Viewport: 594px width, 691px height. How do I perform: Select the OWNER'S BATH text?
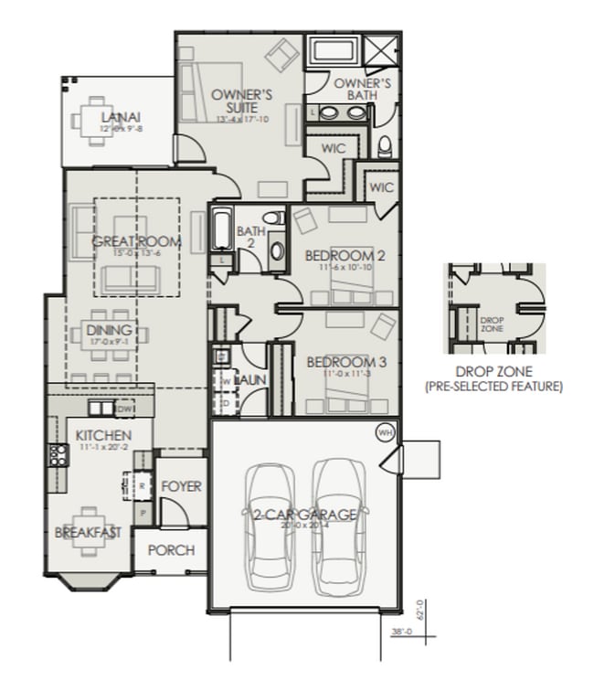(362, 90)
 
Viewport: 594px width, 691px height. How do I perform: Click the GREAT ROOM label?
(137, 242)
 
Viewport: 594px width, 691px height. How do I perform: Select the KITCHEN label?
(103, 435)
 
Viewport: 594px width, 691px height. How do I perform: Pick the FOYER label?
(181, 486)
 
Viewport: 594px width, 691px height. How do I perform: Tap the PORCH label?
(171, 550)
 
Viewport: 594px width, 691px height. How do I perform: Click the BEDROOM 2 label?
(339, 255)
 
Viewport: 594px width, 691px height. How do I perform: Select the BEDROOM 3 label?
(339, 362)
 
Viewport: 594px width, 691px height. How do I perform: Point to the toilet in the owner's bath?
(384, 145)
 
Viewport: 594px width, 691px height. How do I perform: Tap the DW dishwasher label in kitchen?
(125, 409)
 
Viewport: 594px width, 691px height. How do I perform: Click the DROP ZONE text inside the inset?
(492, 323)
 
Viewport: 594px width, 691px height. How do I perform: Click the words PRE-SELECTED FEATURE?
(493, 388)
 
